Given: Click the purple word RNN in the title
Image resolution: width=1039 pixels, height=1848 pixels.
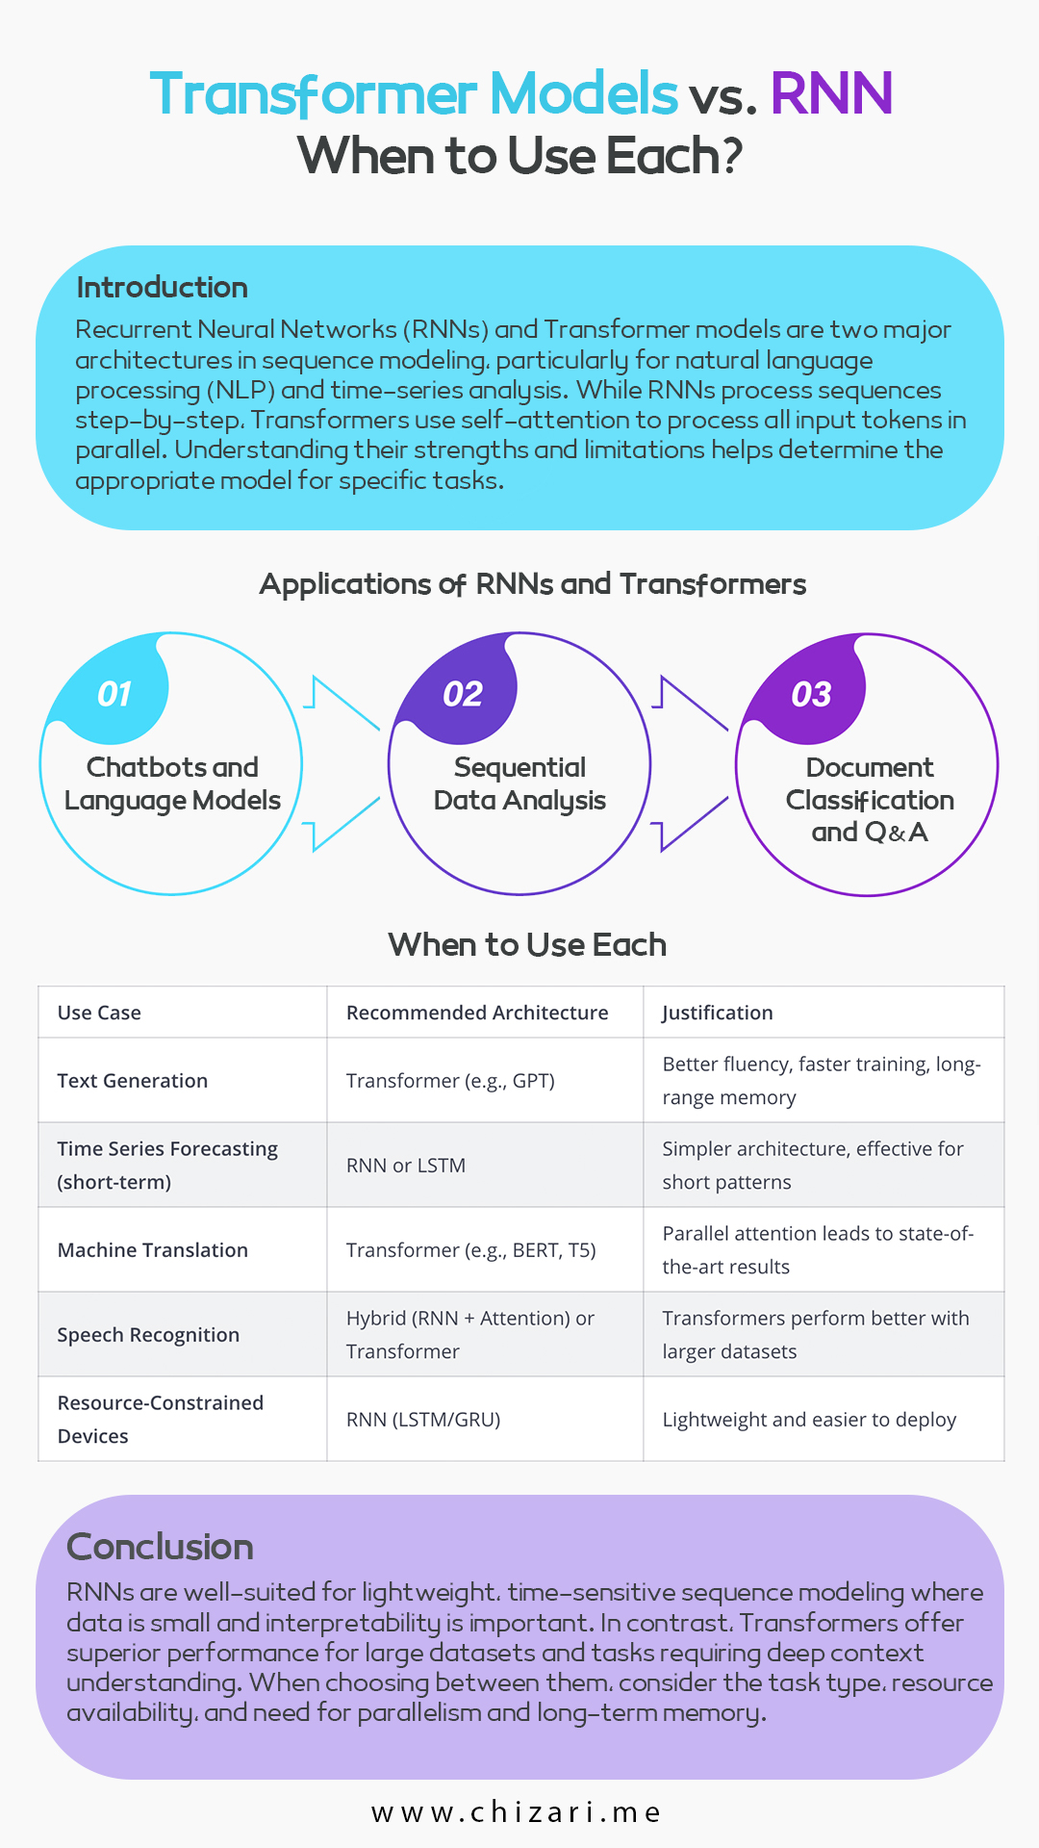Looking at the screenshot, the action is tap(832, 93).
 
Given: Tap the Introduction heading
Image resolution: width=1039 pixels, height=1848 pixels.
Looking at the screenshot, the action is tap(162, 287).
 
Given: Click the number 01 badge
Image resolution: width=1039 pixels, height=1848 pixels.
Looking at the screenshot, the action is tap(114, 694).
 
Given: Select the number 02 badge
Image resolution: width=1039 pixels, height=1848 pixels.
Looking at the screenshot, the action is tap(463, 694).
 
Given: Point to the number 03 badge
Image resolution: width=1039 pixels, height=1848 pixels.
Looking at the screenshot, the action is tap(811, 694).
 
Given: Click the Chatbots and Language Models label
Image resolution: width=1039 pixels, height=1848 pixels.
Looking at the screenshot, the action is tap(172, 783).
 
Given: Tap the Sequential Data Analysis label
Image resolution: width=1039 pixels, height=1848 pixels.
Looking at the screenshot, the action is tap(519, 783).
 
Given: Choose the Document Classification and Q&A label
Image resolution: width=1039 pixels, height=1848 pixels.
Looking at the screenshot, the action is tap(870, 800).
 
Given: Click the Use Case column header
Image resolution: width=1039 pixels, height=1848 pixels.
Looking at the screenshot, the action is tap(99, 1013).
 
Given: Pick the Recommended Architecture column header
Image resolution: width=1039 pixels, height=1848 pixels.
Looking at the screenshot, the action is tap(477, 1013).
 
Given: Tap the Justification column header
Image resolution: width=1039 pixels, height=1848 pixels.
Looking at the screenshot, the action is tap(718, 1013).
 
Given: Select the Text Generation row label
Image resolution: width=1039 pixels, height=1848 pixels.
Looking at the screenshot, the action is tap(133, 1081).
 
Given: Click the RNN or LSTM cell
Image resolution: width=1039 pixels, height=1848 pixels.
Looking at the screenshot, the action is tap(406, 1166).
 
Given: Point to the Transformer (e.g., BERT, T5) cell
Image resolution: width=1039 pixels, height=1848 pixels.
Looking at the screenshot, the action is tap(471, 1250).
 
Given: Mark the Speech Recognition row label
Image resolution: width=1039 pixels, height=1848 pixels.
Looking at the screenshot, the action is tap(148, 1335).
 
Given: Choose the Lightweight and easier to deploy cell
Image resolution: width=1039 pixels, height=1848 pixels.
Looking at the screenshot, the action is tap(809, 1420).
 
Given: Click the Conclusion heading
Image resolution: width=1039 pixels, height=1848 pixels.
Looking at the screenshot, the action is tap(160, 1547).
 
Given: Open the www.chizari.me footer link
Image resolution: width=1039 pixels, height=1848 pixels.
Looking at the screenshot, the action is tap(517, 1812).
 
